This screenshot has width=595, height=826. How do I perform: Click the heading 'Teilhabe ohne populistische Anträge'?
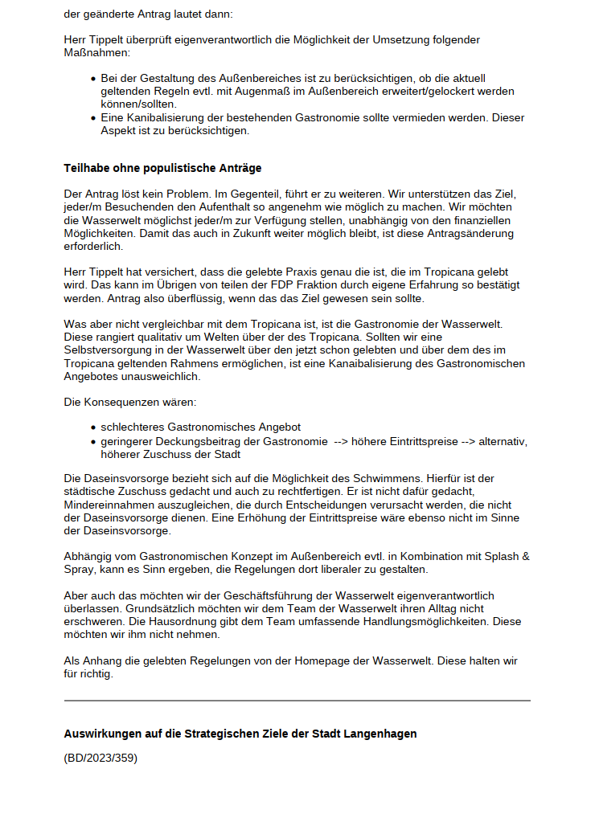pos(162,168)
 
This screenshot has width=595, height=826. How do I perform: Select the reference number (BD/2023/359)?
pos(101,757)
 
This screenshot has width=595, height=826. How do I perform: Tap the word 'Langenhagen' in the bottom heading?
pos(382,734)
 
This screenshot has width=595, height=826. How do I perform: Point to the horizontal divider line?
pos(297,701)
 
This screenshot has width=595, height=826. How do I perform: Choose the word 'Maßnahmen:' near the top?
pos(96,52)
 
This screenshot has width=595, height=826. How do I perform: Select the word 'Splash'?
pos(493,556)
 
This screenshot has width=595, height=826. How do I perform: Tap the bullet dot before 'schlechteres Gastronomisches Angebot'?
pos(94,427)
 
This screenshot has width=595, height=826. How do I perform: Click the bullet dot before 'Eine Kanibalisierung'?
pos(94,118)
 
